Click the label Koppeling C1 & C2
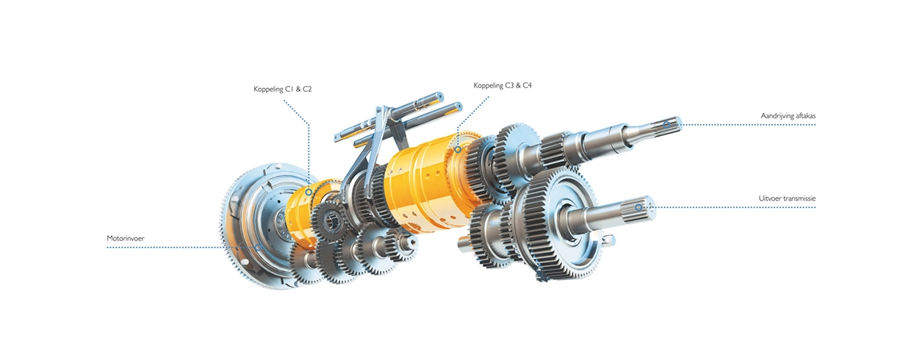[283, 89]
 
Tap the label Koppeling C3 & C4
[503, 86]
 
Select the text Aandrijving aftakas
[788, 116]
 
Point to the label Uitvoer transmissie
[787, 198]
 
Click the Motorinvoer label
[125, 238]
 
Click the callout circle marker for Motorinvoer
[258, 248]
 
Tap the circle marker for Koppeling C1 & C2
[309, 192]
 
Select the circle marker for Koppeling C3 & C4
[458, 149]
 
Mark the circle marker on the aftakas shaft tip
[666, 124]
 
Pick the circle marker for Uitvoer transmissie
[639, 207]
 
